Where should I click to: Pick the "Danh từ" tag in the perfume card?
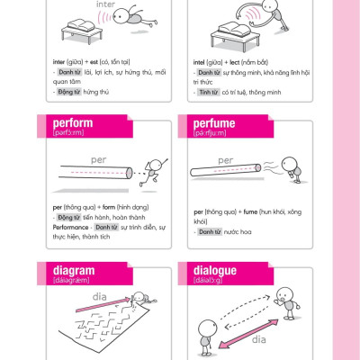pyautogui.click(x=210, y=232)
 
